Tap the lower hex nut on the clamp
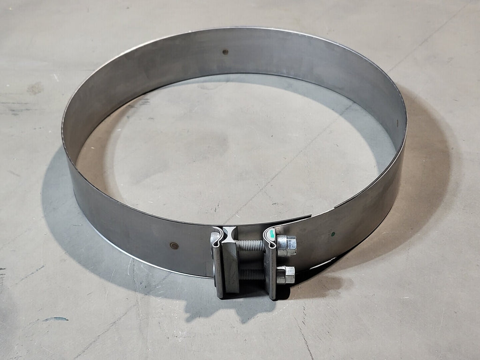[x=285, y=274]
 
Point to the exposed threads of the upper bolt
[x=252, y=244]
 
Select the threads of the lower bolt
[x=252, y=274]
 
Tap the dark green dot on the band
[x=333, y=233]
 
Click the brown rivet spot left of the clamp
[x=174, y=246]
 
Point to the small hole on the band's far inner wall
[x=225, y=52]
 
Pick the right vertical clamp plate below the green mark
[x=271, y=272]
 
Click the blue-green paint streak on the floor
[x=55, y=319]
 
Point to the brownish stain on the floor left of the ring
[x=35, y=88]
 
